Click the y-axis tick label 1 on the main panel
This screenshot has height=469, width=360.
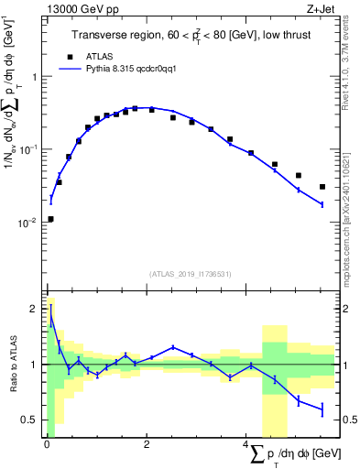pyautogui.click(x=33, y=77)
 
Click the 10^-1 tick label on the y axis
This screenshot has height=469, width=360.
pyautogui.click(x=27, y=149)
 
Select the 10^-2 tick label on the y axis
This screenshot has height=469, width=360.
pyautogui.click(x=27, y=223)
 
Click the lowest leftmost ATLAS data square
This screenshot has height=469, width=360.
pyautogui.click(x=50, y=219)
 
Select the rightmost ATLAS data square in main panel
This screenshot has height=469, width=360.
pyautogui.click(x=322, y=187)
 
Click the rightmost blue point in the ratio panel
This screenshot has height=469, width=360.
pyautogui.click(x=322, y=409)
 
